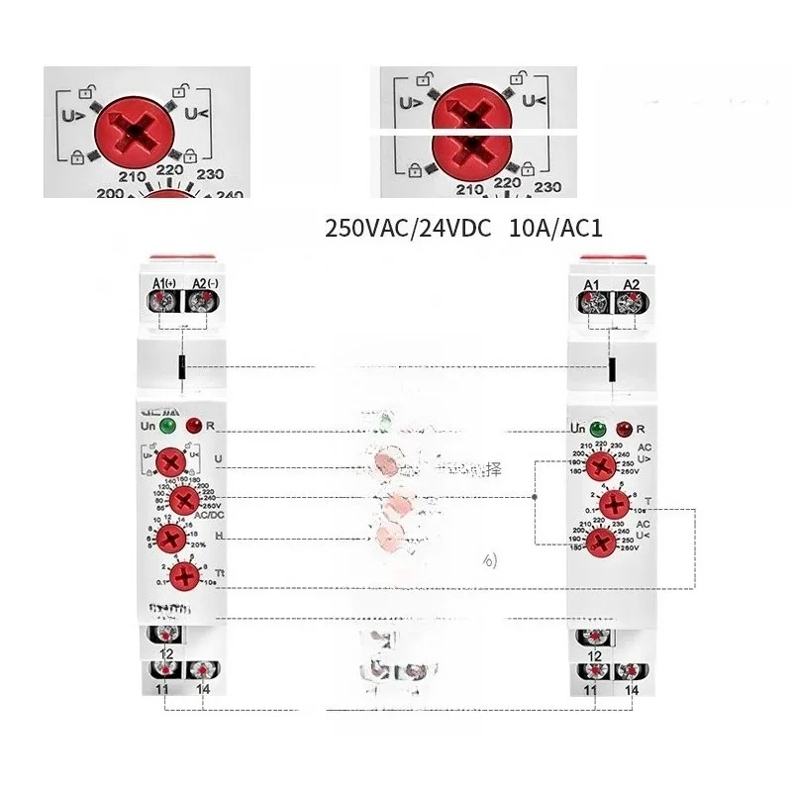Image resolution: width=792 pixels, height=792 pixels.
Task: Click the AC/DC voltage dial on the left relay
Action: click(x=178, y=502)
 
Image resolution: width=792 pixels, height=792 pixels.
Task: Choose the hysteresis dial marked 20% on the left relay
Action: click(x=171, y=539)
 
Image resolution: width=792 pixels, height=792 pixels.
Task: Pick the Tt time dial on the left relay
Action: click(x=182, y=576)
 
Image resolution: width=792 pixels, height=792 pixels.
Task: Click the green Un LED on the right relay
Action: click(x=597, y=430)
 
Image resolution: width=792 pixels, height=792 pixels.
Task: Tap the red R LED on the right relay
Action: click(x=624, y=430)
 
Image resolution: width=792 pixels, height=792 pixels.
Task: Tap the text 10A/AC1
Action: click(x=555, y=229)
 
